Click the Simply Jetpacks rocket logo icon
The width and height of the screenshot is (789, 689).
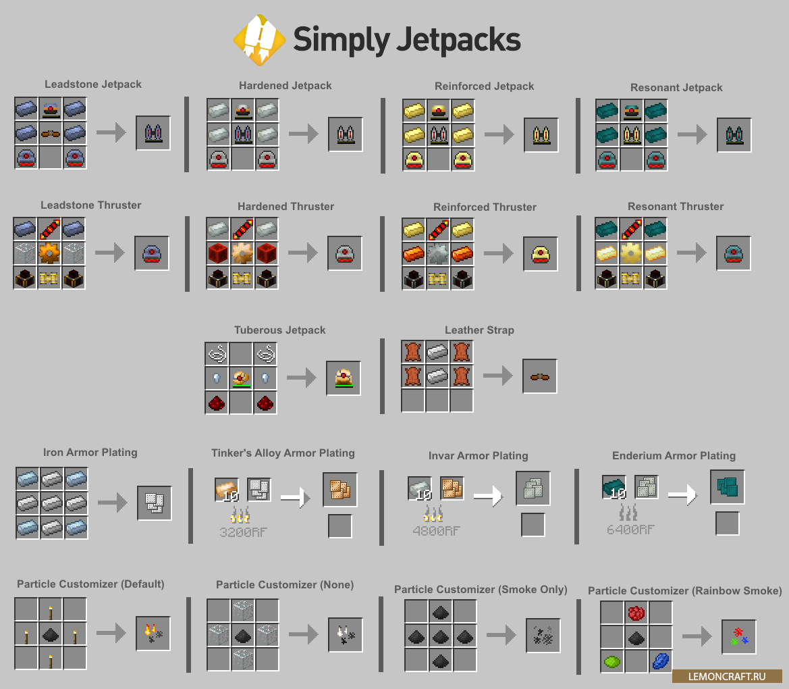pos(259,40)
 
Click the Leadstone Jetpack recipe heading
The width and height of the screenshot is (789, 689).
pos(93,84)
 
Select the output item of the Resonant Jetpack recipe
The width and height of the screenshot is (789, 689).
pos(734,134)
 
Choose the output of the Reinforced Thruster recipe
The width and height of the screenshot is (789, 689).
pos(540,254)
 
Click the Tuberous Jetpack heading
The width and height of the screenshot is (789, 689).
pos(280,330)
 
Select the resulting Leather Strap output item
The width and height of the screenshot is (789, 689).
pos(539,376)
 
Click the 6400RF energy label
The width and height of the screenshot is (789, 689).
pos(630,530)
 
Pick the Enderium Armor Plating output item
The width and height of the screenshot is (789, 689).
pos(727,487)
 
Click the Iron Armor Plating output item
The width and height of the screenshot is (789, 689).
pos(154,503)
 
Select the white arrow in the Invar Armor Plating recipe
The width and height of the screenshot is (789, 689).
pos(487,496)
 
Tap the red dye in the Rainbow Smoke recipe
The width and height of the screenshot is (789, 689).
pos(636,613)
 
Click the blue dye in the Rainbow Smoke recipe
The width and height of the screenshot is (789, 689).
pos(659,661)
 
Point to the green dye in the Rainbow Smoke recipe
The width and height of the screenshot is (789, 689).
pos(611,661)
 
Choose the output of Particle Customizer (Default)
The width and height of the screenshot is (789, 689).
pos(153,633)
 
